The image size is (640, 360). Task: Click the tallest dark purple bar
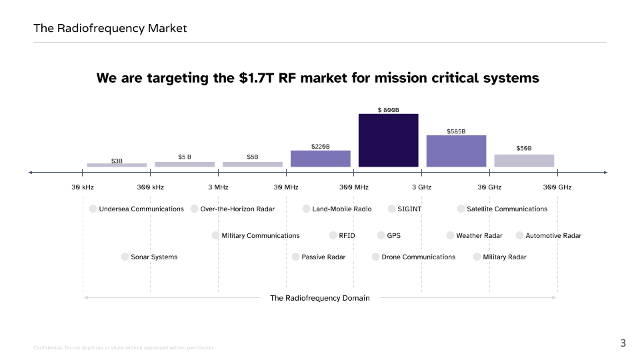(x=388, y=140)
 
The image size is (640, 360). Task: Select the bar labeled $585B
(x=456, y=151)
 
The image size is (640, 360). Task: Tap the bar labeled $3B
(x=117, y=165)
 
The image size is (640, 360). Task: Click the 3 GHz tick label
(x=421, y=187)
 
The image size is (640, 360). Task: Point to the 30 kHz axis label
(x=83, y=187)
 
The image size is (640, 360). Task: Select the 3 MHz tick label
(x=218, y=187)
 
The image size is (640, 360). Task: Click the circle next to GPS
(x=381, y=235)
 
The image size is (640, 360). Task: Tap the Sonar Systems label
(x=154, y=257)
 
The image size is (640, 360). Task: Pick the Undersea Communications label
(x=141, y=209)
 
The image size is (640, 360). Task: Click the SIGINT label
(x=409, y=209)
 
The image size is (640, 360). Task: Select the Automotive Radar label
(x=553, y=235)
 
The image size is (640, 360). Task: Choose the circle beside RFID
(x=333, y=235)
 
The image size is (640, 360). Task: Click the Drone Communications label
(x=418, y=257)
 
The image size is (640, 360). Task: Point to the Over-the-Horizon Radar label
(x=237, y=209)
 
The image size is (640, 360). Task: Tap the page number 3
(x=623, y=343)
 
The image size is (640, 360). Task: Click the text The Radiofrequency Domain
(x=319, y=298)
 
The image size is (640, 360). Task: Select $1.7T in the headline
(x=258, y=78)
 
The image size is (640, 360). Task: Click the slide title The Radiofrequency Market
(x=110, y=28)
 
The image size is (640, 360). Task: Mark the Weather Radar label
(x=479, y=235)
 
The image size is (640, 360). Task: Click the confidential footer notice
(x=123, y=348)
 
